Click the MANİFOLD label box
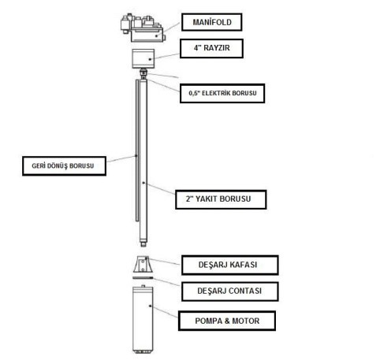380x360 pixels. (x=211, y=22)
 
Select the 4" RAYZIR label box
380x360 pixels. (x=211, y=48)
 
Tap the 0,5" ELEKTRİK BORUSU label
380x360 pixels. (x=222, y=93)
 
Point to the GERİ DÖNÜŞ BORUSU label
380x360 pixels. (x=64, y=166)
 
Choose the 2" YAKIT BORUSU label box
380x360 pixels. (x=221, y=199)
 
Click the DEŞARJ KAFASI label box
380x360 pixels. (x=230, y=265)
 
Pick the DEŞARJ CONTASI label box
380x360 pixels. (x=230, y=291)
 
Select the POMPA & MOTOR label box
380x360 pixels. (x=227, y=321)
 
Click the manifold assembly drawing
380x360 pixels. (x=143, y=28)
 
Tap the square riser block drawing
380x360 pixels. (x=143, y=58)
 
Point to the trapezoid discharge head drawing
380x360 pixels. (x=143, y=265)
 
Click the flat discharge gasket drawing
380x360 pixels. (x=143, y=277)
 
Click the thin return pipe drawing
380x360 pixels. (x=137, y=150)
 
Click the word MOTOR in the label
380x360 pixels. (x=246, y=321)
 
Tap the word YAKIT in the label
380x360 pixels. (x=207, y=199)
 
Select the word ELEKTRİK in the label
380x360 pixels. (x=216, y=93)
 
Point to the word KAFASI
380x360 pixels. (x=242, y=265)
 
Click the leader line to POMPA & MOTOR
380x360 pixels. (x=165, y=312)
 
